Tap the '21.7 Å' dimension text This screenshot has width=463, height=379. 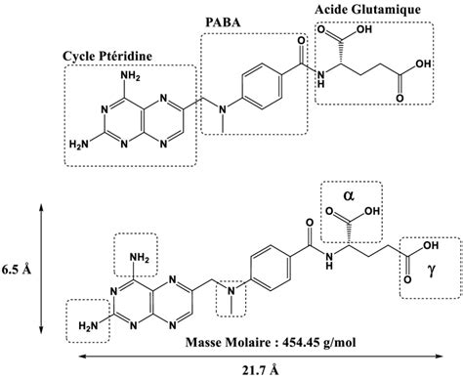[x=231, y=368]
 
